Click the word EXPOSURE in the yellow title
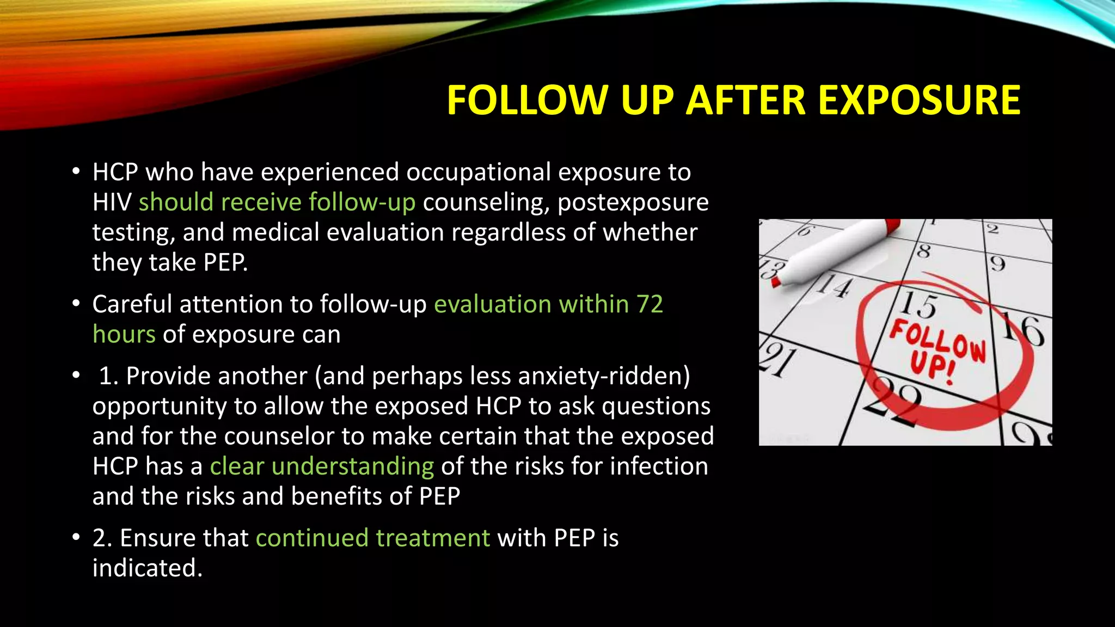(x=919, y=101)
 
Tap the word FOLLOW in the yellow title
(x=526, y=101)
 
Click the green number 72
(x=650, y=304)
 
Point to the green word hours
(x=124, y=334)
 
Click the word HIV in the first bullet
(x=112, y=202)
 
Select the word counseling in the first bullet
(x=486, y=202)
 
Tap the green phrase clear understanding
(x=322, y=466)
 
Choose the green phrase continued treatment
(x=373, y=538)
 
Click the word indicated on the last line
(x=147, y=568)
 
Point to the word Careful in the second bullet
(x=132, y=304)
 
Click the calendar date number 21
(x=779, y=360)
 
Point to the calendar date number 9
(x=997, y=264)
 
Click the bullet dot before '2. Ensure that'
(x=76, y=538)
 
